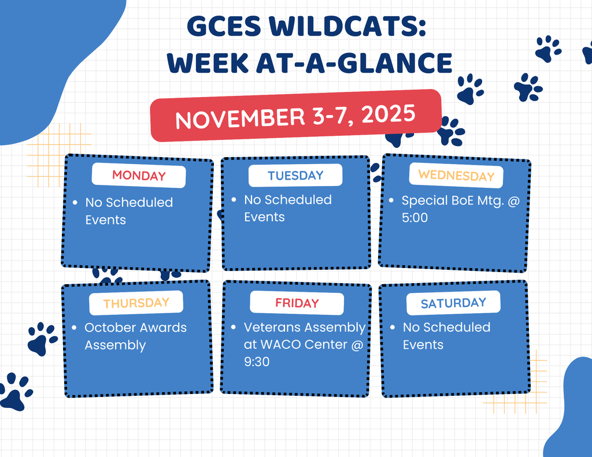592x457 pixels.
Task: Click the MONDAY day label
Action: [x=139, y=176]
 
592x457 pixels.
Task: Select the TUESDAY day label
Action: [x=295, y=176]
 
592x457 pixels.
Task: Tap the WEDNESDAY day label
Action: [x=456, y=176]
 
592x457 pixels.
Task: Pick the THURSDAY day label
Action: [x=136, y=303]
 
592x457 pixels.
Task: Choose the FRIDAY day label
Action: [x=297, y=303]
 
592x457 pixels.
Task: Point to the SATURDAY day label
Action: [x=453, y=303]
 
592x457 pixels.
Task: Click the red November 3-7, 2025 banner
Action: [x=295, y=116]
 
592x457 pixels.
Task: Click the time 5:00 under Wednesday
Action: [x=415, y=218]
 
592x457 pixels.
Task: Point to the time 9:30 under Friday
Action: [x=257, y=362]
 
